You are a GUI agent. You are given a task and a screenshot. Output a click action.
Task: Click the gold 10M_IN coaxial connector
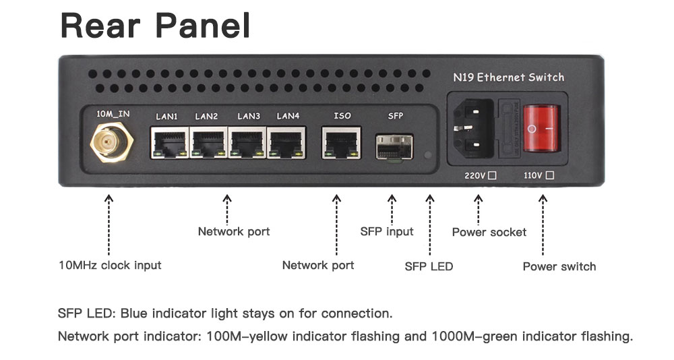111,142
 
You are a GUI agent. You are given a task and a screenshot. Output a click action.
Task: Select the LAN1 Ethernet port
169,143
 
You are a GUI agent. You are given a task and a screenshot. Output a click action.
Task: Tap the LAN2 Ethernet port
208,143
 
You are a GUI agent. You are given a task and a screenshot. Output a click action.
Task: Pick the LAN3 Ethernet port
247,143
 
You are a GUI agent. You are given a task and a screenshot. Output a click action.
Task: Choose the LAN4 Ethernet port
286,143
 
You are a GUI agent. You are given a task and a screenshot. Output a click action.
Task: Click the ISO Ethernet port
341,143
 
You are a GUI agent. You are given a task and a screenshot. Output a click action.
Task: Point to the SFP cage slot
394,147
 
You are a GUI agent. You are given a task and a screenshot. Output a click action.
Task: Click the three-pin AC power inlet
473,128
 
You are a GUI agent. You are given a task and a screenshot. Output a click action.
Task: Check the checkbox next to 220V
493,175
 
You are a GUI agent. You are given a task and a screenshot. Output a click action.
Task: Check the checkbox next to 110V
550,175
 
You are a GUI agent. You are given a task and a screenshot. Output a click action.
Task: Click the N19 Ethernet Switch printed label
508,78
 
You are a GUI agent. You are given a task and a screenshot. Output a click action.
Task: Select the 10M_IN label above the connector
113,114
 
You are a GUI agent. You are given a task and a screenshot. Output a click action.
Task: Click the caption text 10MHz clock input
110,265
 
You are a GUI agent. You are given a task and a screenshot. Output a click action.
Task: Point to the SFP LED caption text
429,266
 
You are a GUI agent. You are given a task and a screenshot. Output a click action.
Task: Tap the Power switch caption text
559,267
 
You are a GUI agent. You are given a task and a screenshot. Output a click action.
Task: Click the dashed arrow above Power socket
478,210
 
